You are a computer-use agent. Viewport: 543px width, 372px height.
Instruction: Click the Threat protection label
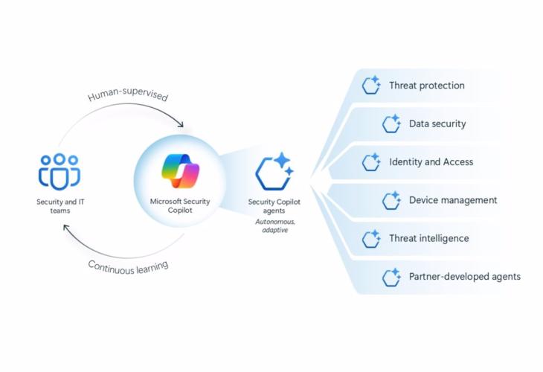click(426, 86)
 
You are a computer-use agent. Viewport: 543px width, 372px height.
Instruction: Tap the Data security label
click(437, 124)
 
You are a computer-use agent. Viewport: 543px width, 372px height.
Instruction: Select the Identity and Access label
click(431, 161)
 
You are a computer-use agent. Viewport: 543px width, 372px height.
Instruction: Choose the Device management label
click(453, 200)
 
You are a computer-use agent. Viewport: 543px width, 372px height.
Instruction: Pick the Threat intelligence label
click(428, 239)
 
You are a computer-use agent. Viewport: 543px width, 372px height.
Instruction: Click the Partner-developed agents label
click(464, 277)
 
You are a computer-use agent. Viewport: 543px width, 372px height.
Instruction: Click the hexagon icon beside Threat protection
click(371, 86)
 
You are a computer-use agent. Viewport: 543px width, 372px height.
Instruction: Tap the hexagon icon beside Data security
click(391, 124)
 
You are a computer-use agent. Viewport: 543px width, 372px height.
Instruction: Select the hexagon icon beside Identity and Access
click(371, 161)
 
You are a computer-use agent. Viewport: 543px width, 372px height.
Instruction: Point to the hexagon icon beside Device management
click(391, 200)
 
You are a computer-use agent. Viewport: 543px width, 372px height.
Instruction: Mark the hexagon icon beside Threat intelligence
click(371, 239)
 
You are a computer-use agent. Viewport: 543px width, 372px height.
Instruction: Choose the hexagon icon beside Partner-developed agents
click(391, 278)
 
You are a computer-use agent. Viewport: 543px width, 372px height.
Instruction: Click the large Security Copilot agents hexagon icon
click(272, 172)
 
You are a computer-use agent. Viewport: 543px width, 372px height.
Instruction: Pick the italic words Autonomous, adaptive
click(273, 225)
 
